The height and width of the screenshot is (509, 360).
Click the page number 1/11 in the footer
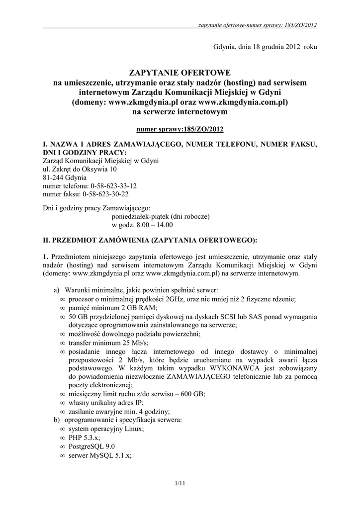[x=180, y=483]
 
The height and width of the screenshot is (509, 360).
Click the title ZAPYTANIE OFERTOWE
[x=180, y=73]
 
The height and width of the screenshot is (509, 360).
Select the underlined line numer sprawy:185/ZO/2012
[x=180, y=129]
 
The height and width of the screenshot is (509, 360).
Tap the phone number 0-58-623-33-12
[x=109, y=185]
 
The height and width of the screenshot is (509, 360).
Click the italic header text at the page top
[x=258, y=24]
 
